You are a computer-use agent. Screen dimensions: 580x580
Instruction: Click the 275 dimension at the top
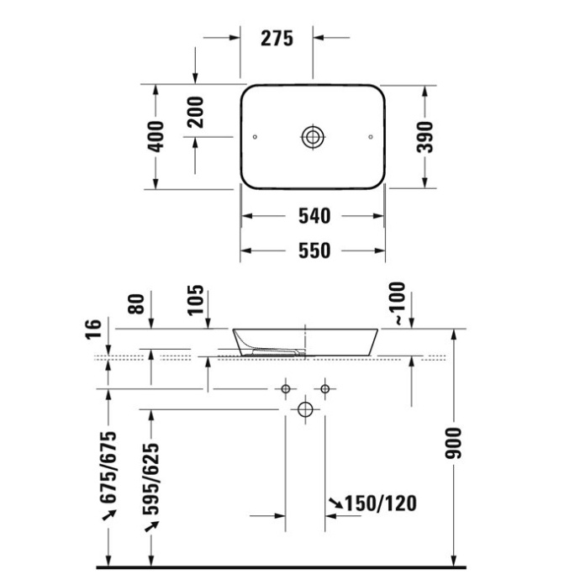click(x=276, y=38)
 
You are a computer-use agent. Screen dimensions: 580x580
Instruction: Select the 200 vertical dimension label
click(x=195, y=109)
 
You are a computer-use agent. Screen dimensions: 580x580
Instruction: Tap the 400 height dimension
click(x=156, y=136)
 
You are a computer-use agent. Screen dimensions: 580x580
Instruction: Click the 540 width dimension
click(x=314, y=217)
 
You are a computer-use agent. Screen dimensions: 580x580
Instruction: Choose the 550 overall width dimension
click(x=314, y=250)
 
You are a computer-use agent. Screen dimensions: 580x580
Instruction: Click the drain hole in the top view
click(x=314, y=136)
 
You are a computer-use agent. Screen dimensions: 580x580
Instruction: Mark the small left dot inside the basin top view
click(x=255, y=136)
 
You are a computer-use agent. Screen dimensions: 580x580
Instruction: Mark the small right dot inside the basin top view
click(x=371, y=136)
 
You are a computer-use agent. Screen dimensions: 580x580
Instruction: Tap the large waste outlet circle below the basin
click(x=305, y=410)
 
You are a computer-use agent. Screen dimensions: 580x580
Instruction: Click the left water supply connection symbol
click(x=286, y=389)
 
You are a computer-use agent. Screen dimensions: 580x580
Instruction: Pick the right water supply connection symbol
click(x=324, y=389)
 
